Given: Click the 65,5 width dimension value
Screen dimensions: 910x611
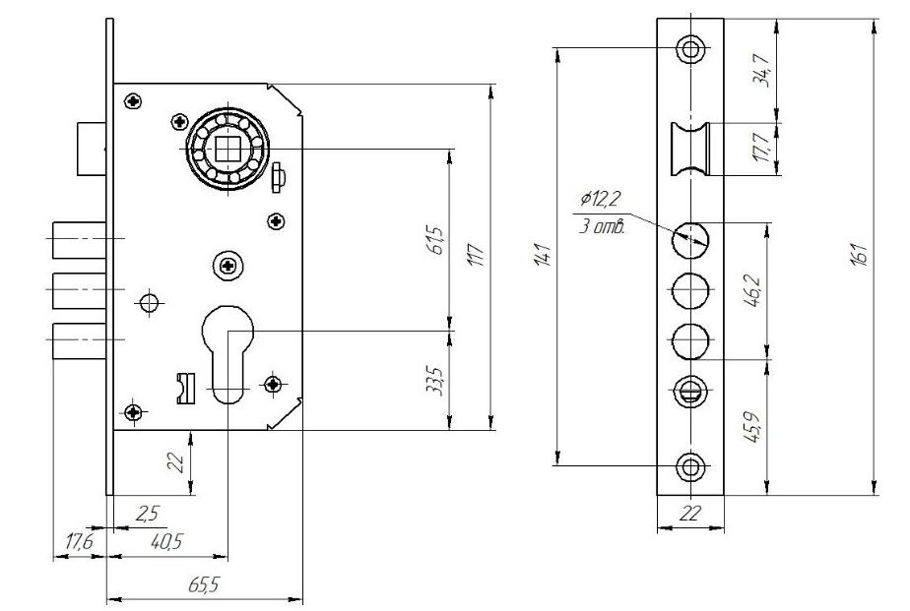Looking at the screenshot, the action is click(x=204, y=584).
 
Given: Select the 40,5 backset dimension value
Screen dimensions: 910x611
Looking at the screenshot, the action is click(x=166, y=541).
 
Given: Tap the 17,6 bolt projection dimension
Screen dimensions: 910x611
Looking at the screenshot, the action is click(x=79, y=542).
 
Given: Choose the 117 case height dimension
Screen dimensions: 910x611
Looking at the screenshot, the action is click(x=475, y=255).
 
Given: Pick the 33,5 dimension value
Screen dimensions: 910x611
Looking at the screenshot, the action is click(x=435, y=382).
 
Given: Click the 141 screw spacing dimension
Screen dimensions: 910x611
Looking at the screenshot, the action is click(x=542, y=255).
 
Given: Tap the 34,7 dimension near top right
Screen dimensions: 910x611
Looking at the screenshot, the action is click(x=761, y=70).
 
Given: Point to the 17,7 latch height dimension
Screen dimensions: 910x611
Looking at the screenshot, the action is click(x=761, y=148).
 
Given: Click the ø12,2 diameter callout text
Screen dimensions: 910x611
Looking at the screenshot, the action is click(x=600, y=199).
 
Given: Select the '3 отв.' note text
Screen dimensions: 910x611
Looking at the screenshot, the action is click(x=602, y=226).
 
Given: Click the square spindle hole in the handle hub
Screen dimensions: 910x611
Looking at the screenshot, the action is click(x=227, y=149).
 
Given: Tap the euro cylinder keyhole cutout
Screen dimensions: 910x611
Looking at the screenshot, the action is click(x=228, y=353).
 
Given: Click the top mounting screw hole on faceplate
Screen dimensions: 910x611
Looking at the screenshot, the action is click(x=690, y=48).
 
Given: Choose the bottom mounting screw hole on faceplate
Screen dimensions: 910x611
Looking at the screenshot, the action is click(x=690, y=466).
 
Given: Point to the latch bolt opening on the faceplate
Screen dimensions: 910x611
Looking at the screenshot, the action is click(x=690, y=149).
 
